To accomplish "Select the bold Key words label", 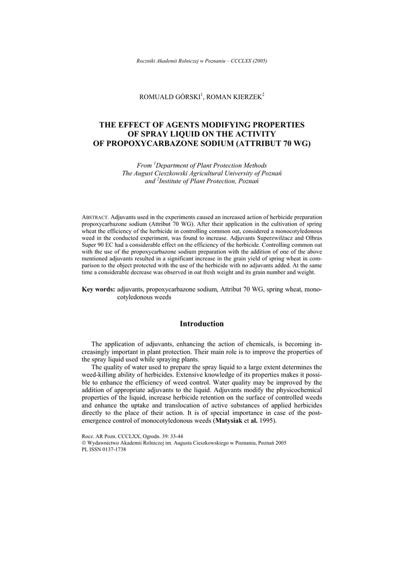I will point(98,289).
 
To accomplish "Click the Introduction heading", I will point(201,324).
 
